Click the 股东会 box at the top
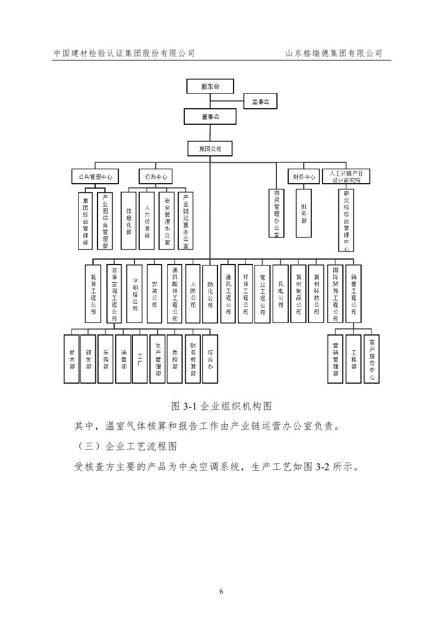click(x=211, y=86)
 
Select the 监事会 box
click(x=260, y=101)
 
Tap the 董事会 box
click(x=211, y=117)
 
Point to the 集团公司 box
click(x=211, y=148)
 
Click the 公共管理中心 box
click(x=95, y=176)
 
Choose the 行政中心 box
click(x=156, y=176)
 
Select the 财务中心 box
click(x=303, y=176)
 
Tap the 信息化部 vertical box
click(x=129, y=221)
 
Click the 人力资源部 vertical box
click(x=147, y=221)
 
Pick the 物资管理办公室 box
click(x=276, y=213)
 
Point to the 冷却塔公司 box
click(x=135, y=294)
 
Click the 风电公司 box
click(x=280, y=294)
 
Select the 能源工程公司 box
click(x=93, y=294)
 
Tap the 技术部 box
click(x=71, y=359)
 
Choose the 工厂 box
click(x=140, y=359)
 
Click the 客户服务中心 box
click(x=371, y=359)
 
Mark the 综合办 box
click(x=211, y=359)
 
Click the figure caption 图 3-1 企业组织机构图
click(x=221, y=405)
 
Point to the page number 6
click(x=221, y=591)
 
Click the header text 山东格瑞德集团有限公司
click(x=334, y=53)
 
